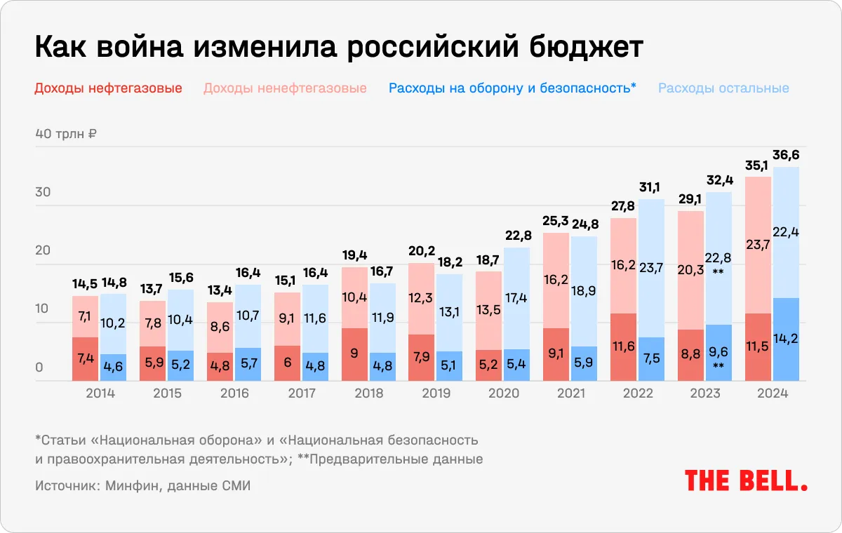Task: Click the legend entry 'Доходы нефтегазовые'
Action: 108,88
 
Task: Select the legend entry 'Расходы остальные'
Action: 723,88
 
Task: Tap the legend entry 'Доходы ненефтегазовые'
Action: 285,88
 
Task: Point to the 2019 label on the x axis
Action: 436,393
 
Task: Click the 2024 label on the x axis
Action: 772,393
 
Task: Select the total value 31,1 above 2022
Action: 652,187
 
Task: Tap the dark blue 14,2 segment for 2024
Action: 786,339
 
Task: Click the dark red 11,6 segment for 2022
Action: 624,347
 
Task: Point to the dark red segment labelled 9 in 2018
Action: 354,354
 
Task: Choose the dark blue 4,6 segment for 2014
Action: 113,367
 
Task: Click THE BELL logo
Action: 746,480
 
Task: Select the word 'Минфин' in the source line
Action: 130,485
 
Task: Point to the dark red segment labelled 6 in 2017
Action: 287,363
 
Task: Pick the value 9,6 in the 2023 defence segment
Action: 719,353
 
